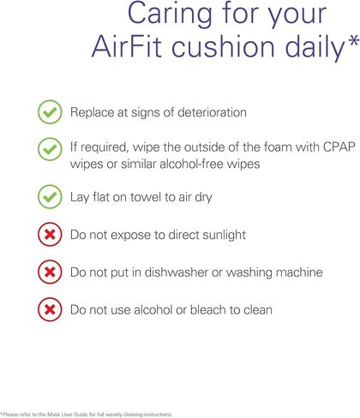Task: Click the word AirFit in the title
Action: click(127, 46)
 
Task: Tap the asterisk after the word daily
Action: click(353, 42)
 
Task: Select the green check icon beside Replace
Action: click(50, 112)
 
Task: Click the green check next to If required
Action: click(50, 149)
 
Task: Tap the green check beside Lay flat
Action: click(50, 196)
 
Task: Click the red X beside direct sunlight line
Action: click(50, 235)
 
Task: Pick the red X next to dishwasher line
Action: click(50, 272)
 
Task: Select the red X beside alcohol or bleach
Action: click(50, 309)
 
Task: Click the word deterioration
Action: click(212, 112)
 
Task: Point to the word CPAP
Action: click(339, 147)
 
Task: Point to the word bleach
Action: click(208, 310)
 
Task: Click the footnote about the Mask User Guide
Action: click(87, 414)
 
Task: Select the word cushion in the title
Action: click(223, 46)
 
